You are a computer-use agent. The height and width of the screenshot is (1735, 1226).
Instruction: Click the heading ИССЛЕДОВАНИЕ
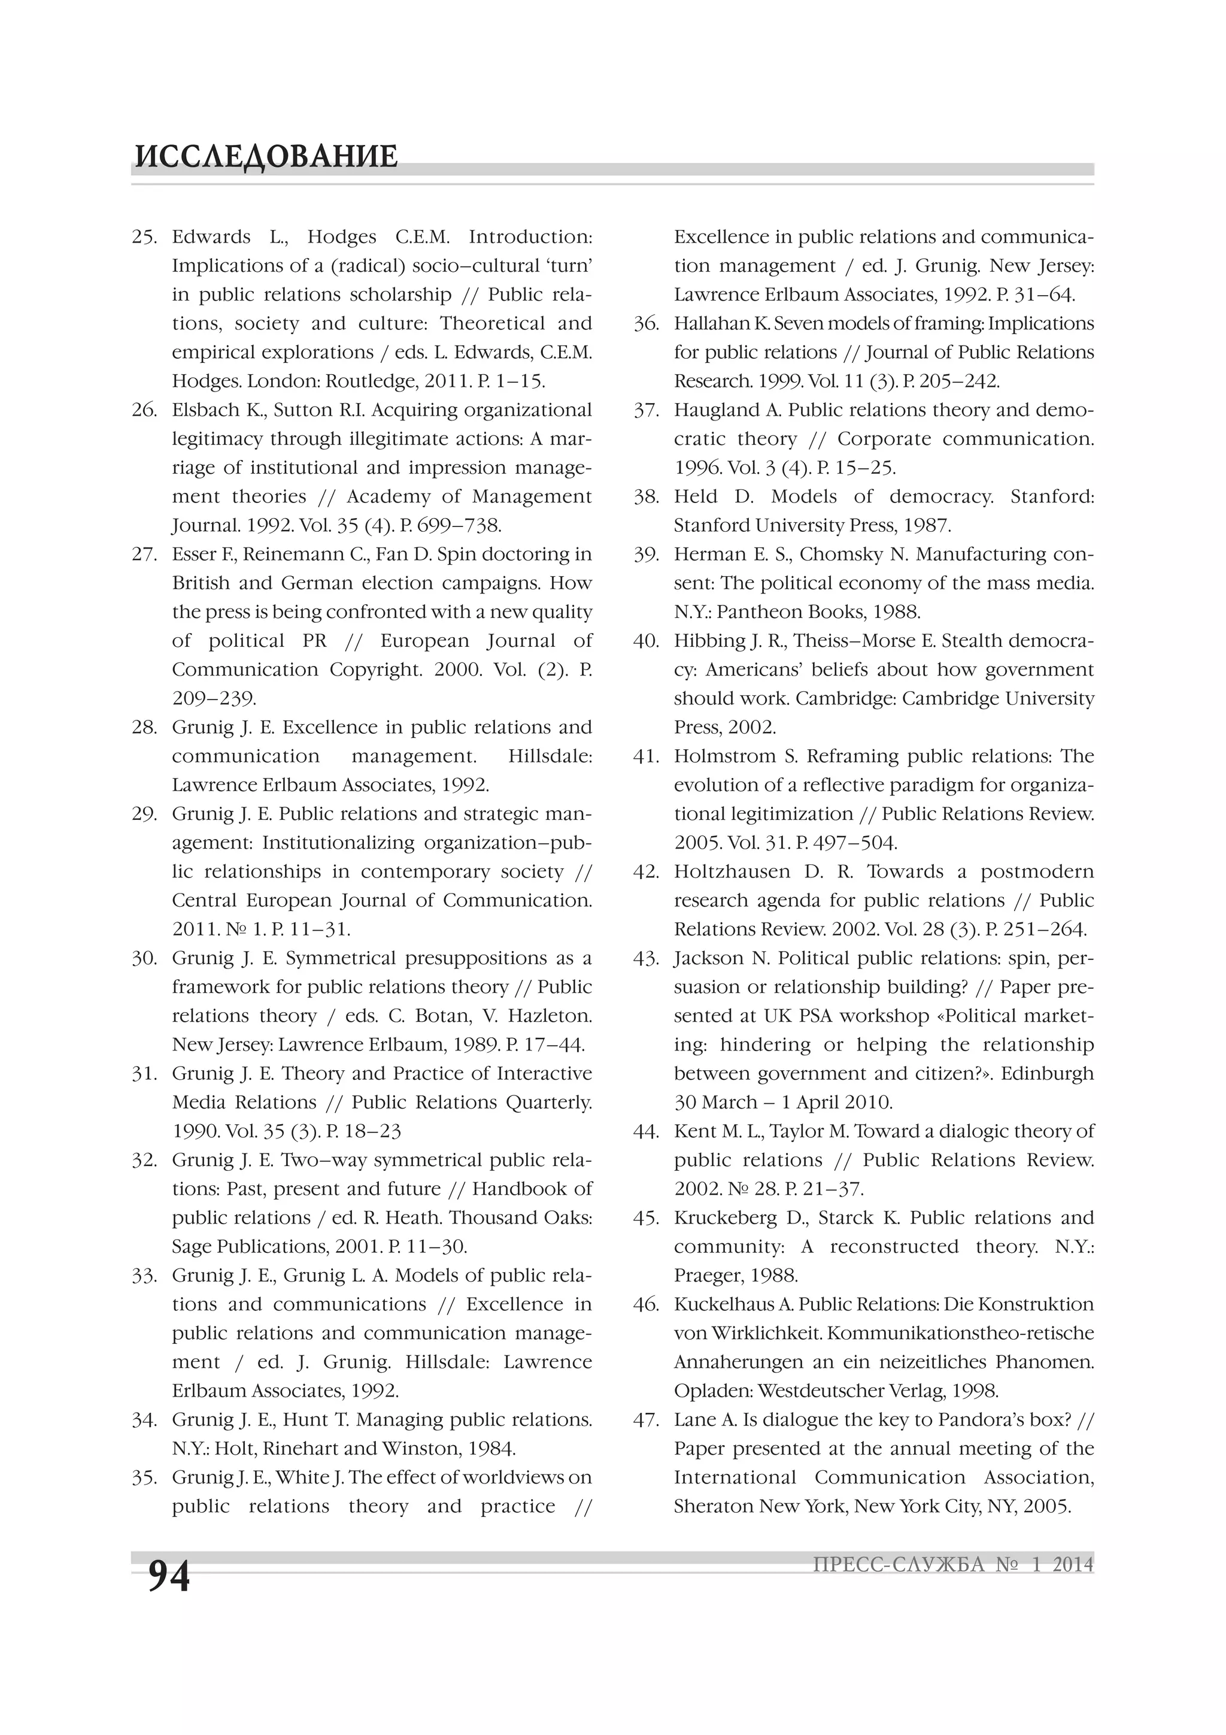pos(266,156)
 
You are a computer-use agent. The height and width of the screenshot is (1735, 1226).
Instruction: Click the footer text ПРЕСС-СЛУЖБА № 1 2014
pos(952,1564)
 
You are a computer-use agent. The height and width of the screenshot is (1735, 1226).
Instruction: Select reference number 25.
pos(144,237)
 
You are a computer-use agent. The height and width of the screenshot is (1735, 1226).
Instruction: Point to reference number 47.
pos(647,1420)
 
